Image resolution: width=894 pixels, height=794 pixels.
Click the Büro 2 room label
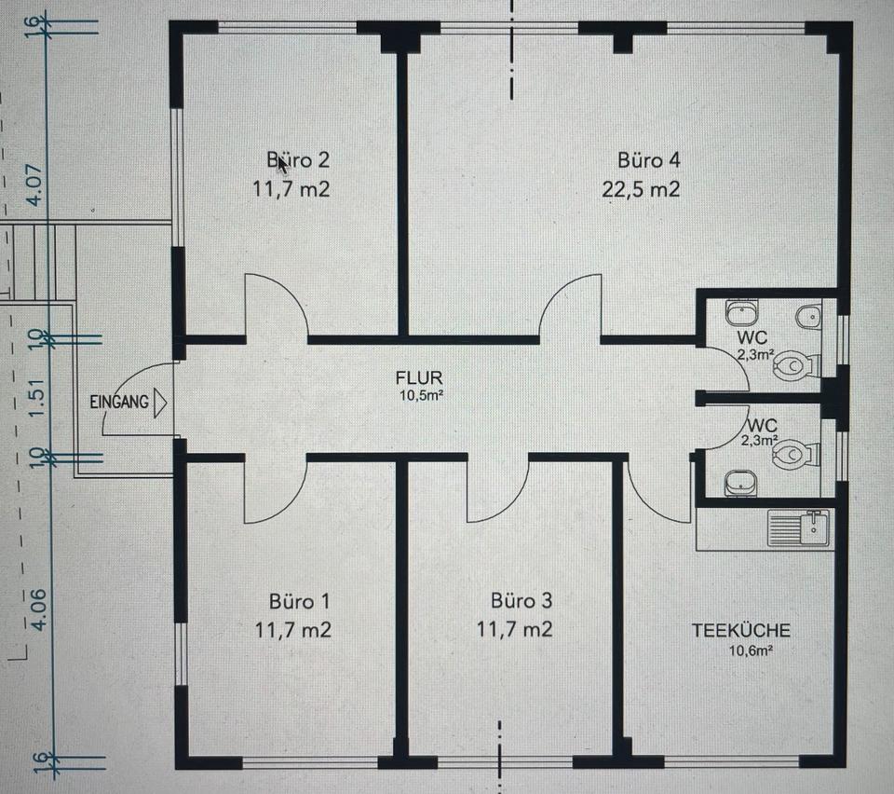[x=298, y=159]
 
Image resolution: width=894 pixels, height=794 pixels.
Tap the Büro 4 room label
[x=649, y=159]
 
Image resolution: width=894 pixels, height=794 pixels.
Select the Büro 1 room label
[x=299, y=601]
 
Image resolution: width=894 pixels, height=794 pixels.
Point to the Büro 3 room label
[x=521, y=600]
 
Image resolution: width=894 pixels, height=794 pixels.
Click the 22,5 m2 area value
[x=641, y=189]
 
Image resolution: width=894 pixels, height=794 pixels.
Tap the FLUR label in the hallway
[x=419, y=377]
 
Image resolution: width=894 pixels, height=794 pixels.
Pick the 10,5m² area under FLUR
[x=421, y=395]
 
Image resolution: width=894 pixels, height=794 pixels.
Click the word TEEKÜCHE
[x=741, y=630]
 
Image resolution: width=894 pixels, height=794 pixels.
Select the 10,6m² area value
[x=751, y=650]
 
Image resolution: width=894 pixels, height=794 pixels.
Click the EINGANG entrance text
[x=119, y=403]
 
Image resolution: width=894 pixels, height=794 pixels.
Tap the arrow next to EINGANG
[x=160, y=403]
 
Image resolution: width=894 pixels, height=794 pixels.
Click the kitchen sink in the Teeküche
[x=798, y=528]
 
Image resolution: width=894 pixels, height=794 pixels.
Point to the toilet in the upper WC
[x=796, y=365]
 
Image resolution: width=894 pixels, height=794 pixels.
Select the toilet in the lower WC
[x=796, y=455]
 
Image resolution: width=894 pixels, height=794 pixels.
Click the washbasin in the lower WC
[x=740, y=484]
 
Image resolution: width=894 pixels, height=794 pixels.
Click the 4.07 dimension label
[x=35, y=185]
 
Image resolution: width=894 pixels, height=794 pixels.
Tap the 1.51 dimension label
[x=35, y=398]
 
